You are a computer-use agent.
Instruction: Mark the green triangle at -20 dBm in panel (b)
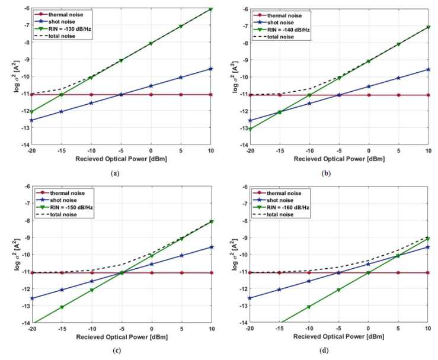[249, 129]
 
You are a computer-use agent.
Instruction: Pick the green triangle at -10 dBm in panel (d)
[309, 307]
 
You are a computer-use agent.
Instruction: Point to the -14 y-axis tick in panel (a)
[23, 145]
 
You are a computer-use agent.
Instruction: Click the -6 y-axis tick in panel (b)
[241, 8]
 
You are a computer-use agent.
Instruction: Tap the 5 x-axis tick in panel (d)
[398, 329]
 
